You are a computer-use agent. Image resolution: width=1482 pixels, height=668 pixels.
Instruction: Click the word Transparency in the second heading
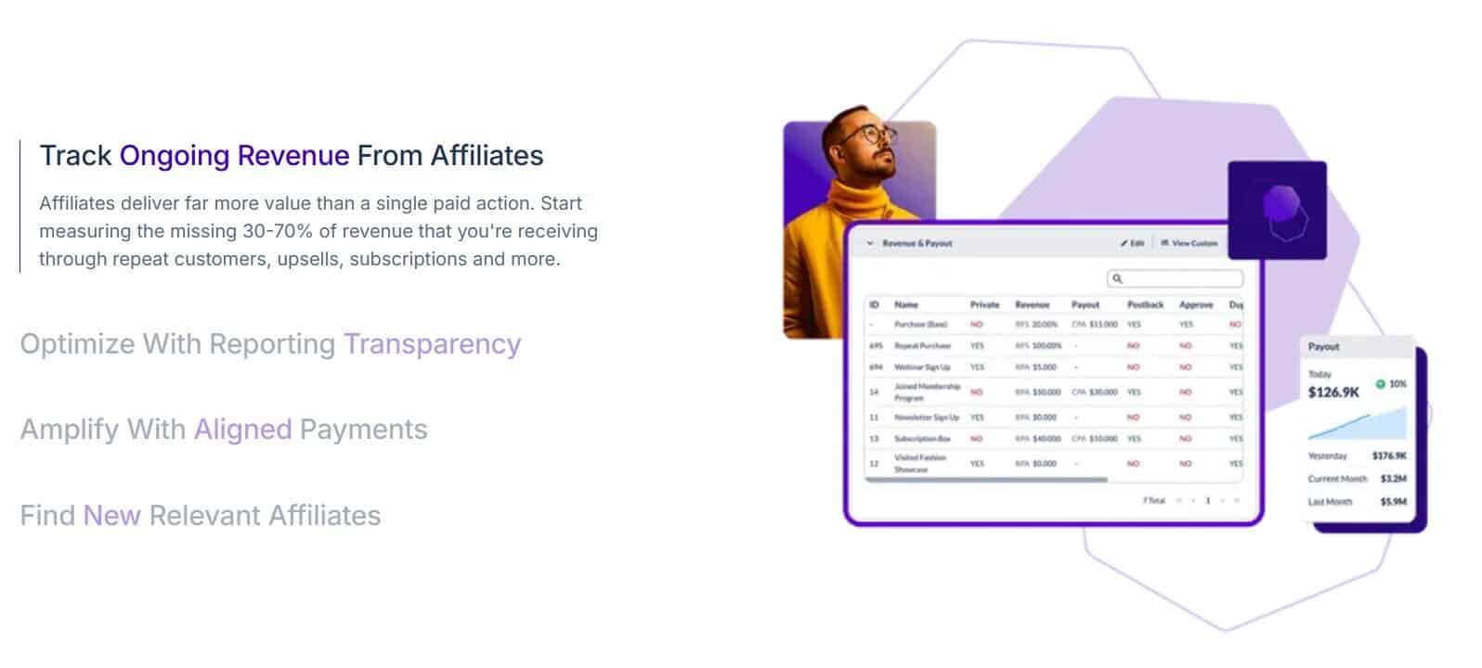click(x=432, y=344)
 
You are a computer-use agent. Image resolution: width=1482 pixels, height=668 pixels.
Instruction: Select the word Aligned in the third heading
click(x=242, y=430)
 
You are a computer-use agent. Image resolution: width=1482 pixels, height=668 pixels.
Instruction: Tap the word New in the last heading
click(x=111, y=516)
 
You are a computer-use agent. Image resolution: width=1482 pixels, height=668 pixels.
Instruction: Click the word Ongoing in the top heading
click(x=175, y=155)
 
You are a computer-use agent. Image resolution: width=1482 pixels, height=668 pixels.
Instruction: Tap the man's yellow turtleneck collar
click(x=860, y=199)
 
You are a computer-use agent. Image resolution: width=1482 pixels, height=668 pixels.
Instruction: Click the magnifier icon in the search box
click(x=1117, y=278)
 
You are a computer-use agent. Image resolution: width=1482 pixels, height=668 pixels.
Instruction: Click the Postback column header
click(x=1145, y=304)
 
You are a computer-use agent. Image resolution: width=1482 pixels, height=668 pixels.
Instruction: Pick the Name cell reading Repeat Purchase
click(x=922, y=345)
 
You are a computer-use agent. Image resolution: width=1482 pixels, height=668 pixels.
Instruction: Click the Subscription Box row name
click(x=922, y=439)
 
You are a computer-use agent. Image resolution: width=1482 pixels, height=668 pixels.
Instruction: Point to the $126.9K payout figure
click(x=1333, y=392)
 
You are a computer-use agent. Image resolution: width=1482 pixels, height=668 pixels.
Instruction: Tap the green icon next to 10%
click(x=1380, y=383)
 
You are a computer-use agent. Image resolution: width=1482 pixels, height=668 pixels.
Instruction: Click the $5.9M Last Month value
click(x=1393, y=502)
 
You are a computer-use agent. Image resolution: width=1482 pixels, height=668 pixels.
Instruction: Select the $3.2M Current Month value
click(x=1393, y=479)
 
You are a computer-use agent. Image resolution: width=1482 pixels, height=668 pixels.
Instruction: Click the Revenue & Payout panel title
click(x=916, y=243)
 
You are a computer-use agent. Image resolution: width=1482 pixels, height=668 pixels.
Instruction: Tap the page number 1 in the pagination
click(x=1207, y=501)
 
